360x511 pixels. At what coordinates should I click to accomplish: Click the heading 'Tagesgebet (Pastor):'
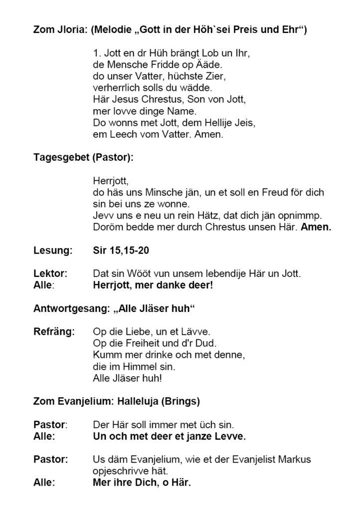(83, 157)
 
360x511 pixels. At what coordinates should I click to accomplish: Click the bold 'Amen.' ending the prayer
(318, 227)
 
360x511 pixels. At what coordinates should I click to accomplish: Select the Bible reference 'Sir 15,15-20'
(120, 250)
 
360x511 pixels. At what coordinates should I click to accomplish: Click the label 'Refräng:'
(53, 331)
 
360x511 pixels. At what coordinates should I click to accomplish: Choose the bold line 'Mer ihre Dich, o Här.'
(142, 483)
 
